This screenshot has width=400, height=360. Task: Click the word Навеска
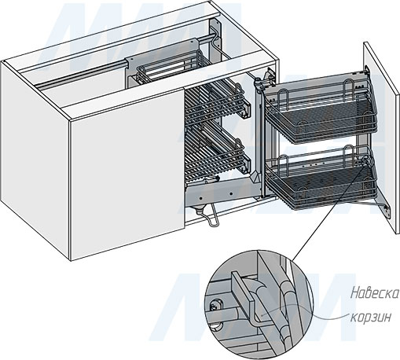tap(375, 294)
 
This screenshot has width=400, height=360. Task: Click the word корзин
tap(371, 318)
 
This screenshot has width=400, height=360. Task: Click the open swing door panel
tap(381, 136)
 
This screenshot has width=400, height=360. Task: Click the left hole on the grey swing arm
tap(200, 198)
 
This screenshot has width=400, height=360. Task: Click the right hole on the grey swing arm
tap(231, 194)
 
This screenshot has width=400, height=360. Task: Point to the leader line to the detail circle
tap(329, 213)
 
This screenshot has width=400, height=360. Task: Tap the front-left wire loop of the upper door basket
tap(284, 97)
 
